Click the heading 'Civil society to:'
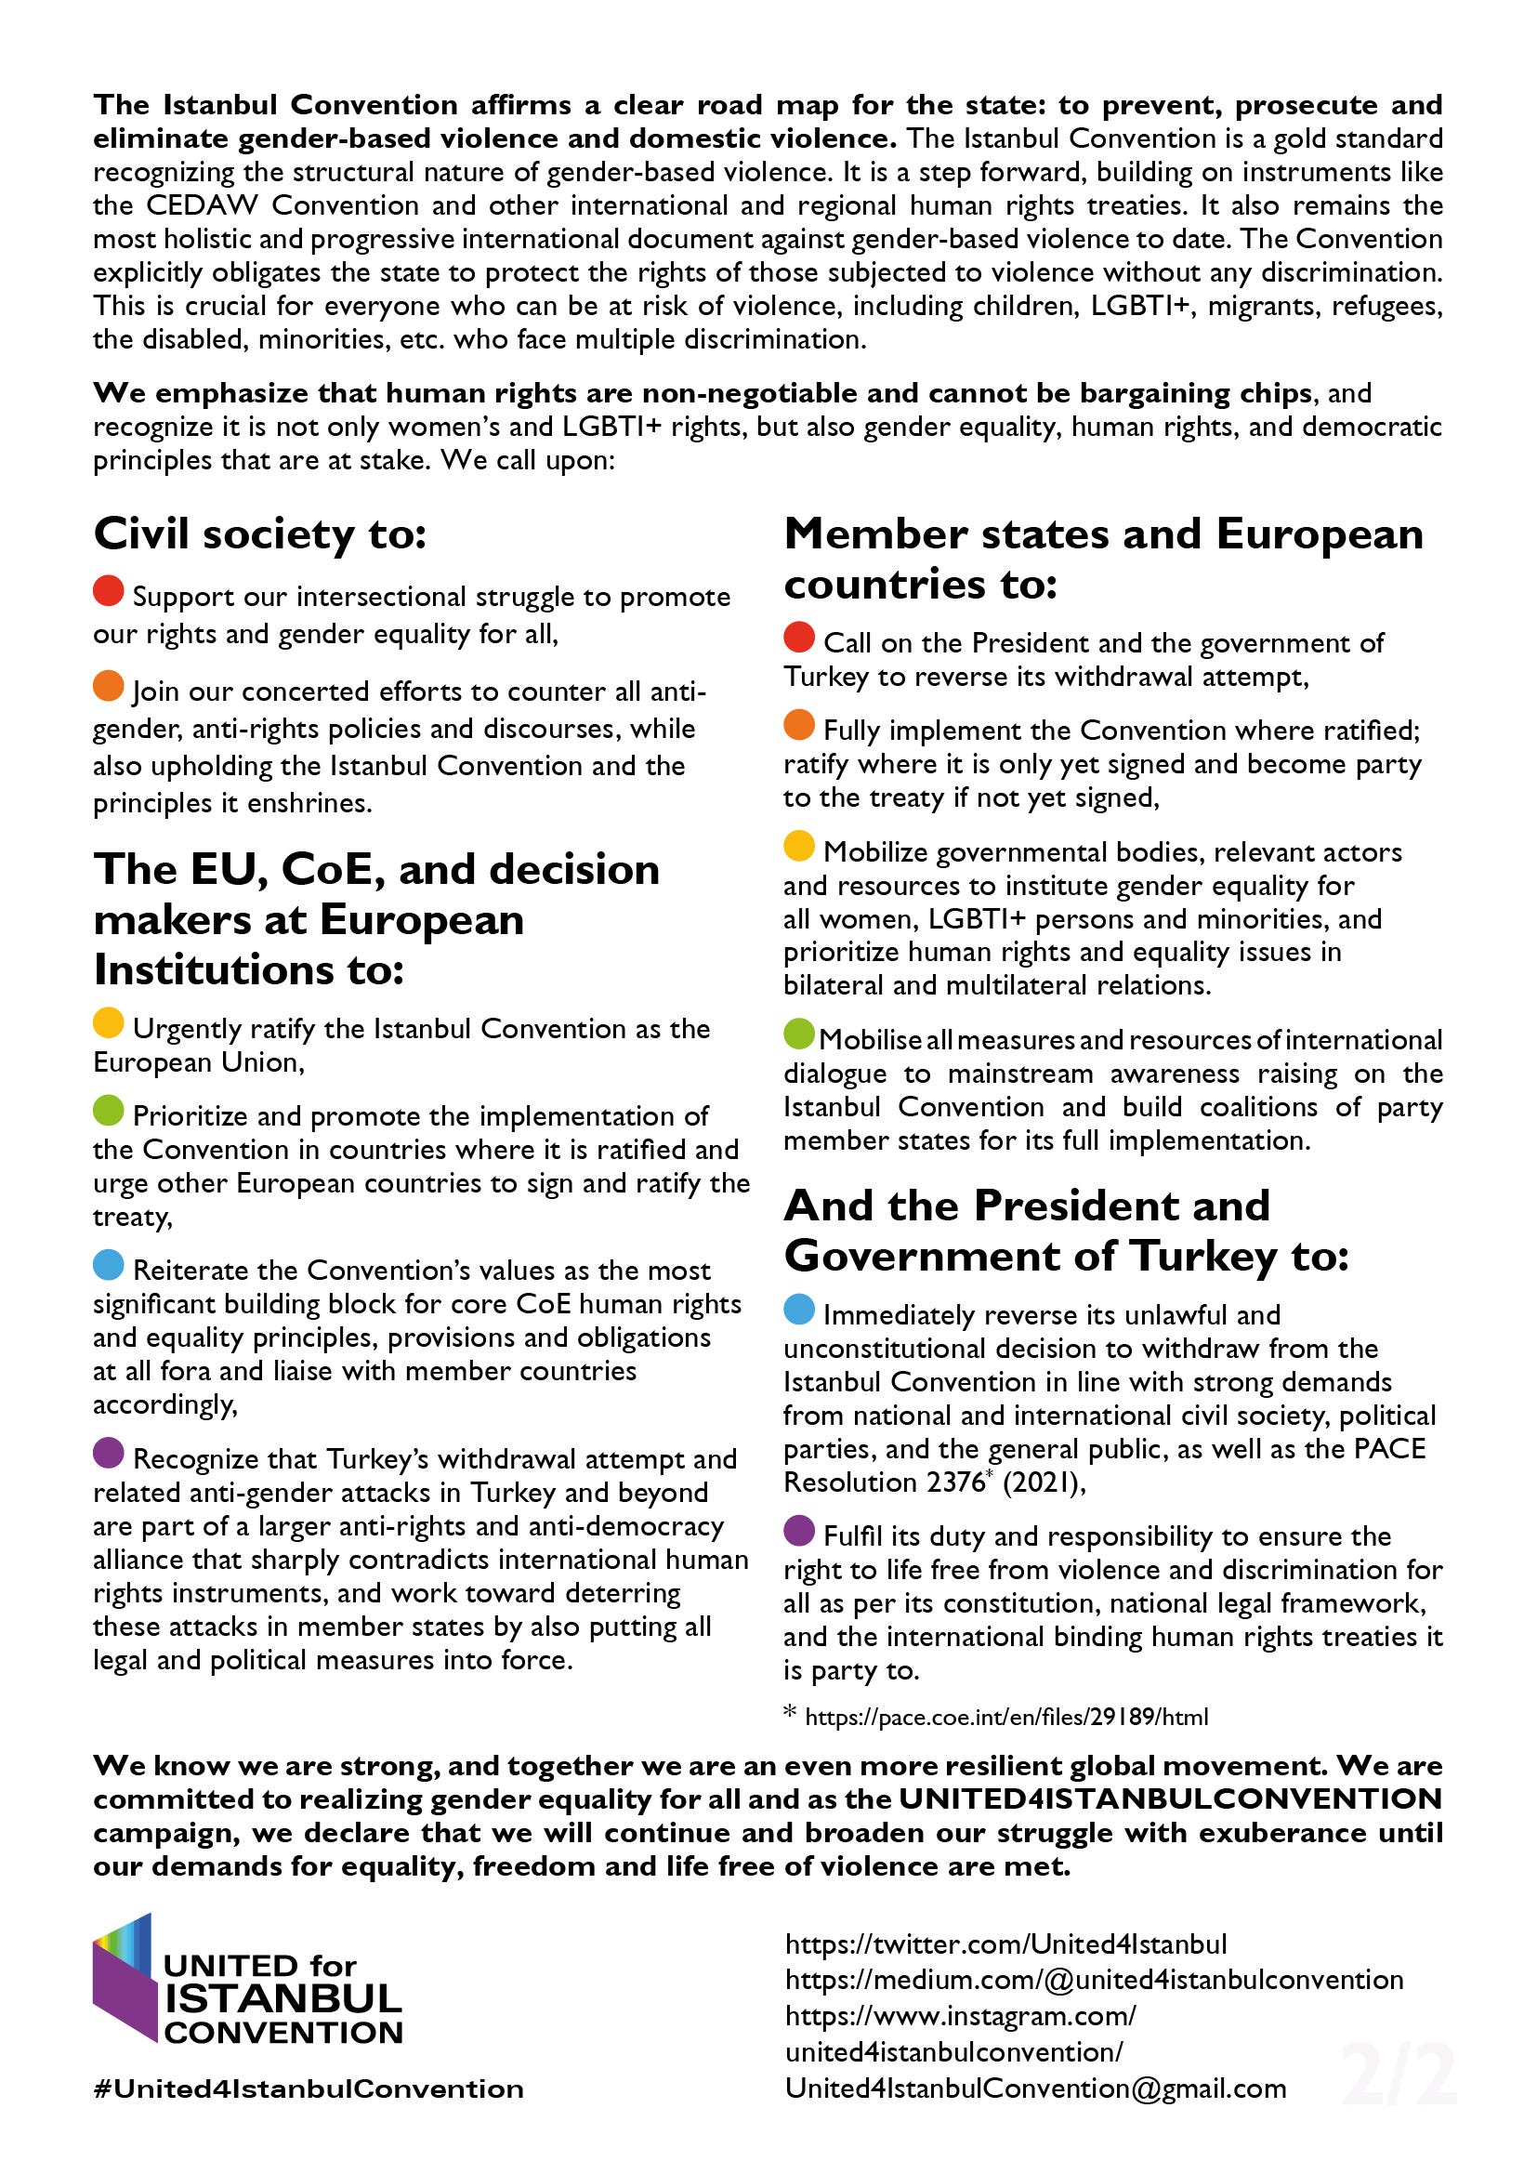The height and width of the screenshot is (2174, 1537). point(260,534)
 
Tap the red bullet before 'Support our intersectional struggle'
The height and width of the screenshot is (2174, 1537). point(109,591)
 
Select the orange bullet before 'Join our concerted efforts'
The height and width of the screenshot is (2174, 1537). point(109,686)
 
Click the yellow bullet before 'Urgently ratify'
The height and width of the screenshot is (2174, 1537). point(109,1022)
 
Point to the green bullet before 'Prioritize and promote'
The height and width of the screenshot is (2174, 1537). point(109,1110)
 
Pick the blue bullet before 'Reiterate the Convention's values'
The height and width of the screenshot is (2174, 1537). point(109,1264)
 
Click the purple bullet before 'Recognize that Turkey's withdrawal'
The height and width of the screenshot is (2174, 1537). point(109,1453)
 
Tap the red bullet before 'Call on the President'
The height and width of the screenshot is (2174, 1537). point(799,638)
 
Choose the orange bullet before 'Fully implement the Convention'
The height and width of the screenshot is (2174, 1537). point(799,724)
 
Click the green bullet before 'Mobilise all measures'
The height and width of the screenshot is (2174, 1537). point(799,1034)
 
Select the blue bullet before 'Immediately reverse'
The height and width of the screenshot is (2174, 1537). point(799,1310)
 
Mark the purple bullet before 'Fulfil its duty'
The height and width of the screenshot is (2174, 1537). point(799,1530)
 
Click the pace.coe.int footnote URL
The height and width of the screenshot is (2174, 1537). point(1006,1718)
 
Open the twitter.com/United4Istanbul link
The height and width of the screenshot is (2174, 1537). point(1005,1944)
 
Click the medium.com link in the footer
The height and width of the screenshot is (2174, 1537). point(1093,1981)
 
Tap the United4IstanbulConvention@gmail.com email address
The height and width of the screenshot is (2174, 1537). point(1035,2088)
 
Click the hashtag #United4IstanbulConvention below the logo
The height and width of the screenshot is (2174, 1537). point(309,2089)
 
